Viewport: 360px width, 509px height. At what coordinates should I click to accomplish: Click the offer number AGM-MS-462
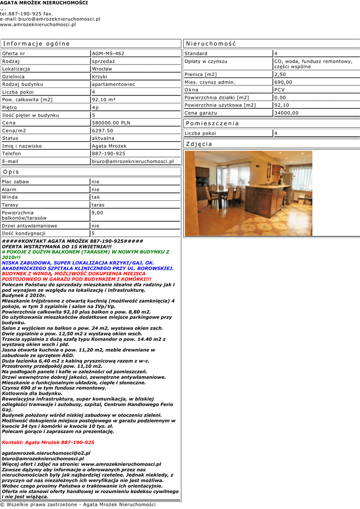coord(108,53)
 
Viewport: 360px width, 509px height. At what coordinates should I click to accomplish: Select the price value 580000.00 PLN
coord(111,123)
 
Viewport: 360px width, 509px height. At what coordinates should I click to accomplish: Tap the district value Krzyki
coord(100,77)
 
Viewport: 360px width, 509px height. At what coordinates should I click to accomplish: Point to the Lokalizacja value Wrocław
coord(102,69)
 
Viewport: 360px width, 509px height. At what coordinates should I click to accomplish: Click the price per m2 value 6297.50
coord(102,130)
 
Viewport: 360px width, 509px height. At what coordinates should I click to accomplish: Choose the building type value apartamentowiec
coord(113,84)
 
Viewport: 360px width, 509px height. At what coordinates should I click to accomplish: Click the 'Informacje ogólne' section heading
coord(37,44)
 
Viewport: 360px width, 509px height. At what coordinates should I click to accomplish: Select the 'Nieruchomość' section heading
coord(211,44)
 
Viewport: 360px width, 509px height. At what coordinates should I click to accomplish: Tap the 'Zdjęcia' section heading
coord(199,144)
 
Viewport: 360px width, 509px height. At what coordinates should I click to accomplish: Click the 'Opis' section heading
coord(11,172)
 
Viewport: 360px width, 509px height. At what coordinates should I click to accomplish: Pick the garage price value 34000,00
coord(286,113)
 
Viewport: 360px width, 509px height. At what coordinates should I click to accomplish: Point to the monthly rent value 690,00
coord(283,82)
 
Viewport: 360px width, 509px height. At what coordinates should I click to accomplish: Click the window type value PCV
coord(279,90)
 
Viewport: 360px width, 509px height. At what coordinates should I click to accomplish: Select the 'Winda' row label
coord(9,197)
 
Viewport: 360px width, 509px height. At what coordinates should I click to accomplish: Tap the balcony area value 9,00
coord(97,212)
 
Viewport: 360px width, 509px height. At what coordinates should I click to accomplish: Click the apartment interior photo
coord(249,193)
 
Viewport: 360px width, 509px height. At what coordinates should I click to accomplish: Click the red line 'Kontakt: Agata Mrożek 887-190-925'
coord(48,442)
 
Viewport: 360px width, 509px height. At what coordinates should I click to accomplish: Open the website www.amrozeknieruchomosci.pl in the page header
coord(38,24)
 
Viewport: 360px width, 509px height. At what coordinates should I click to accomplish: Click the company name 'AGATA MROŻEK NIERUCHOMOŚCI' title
coord(44,3)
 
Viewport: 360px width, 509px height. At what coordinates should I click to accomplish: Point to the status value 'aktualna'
coord(103,138)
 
